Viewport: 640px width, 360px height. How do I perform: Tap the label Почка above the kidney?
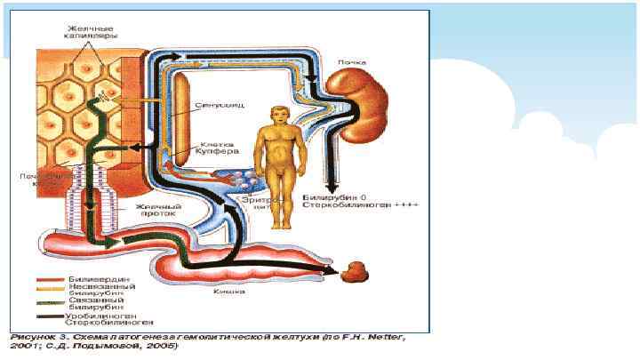click(x=352, y=64)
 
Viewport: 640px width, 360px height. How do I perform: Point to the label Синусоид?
click(x=213, y=105)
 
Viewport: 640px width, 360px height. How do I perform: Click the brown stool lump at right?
click(x=359, y=271)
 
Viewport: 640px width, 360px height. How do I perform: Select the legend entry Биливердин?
click(x=90, y=278)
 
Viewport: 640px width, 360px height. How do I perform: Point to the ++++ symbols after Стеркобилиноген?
click(x=410, y=204)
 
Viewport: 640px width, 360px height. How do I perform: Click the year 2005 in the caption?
click(x=165, y=347)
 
